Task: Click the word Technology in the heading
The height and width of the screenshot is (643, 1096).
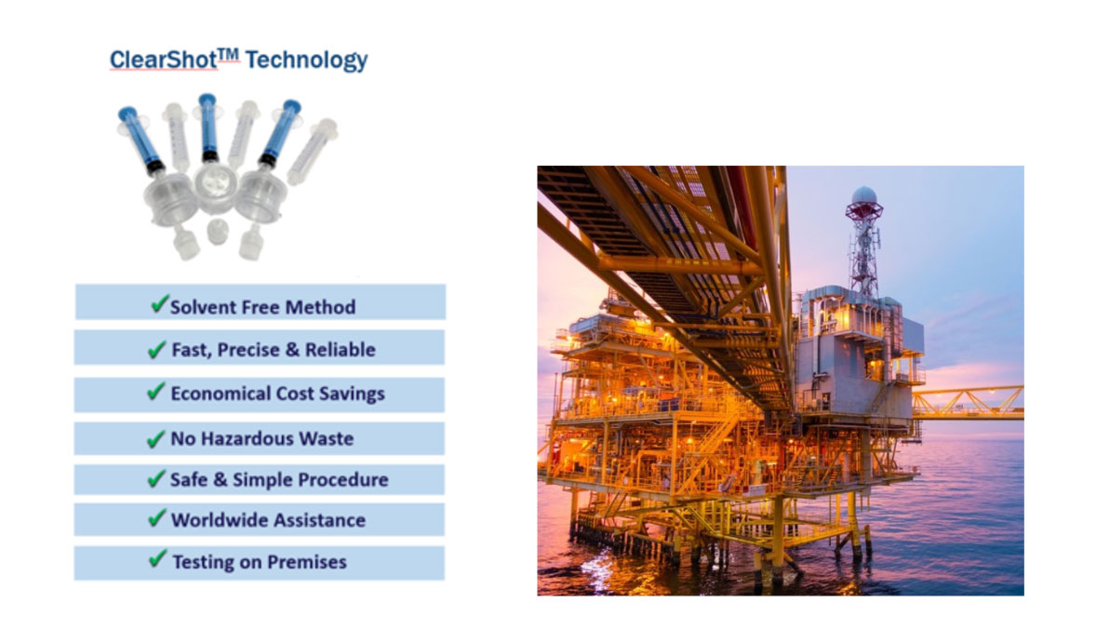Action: tap(306, 60)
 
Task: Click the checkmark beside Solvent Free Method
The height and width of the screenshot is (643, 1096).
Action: tap(158, 304)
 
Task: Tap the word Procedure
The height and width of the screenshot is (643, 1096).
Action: tap(343, 480)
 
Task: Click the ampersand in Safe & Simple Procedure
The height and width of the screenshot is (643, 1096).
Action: tap(221, 481)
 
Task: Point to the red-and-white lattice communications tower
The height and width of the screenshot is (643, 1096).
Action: tap(863, 247)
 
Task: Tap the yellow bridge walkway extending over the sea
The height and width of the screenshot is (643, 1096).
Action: tap(968, 401)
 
